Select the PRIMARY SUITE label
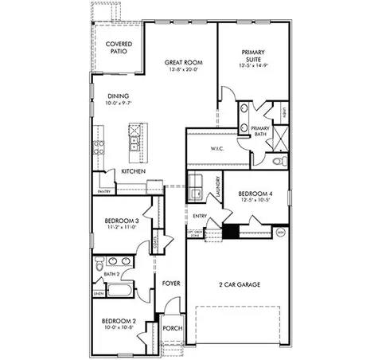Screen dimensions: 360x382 pyautogui.click(x=257, y=54)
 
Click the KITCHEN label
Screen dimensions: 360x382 pyautogui.click(x=132, y=171)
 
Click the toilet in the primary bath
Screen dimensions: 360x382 pyautogui.click(x=277, y=160)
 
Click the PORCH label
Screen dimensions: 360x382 pyautogui.click(x=173, y=328)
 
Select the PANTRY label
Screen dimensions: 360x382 pyautogui.click(x=103, y=191)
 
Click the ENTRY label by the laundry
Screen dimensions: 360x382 pyautogui.click(x=200, y=216)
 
